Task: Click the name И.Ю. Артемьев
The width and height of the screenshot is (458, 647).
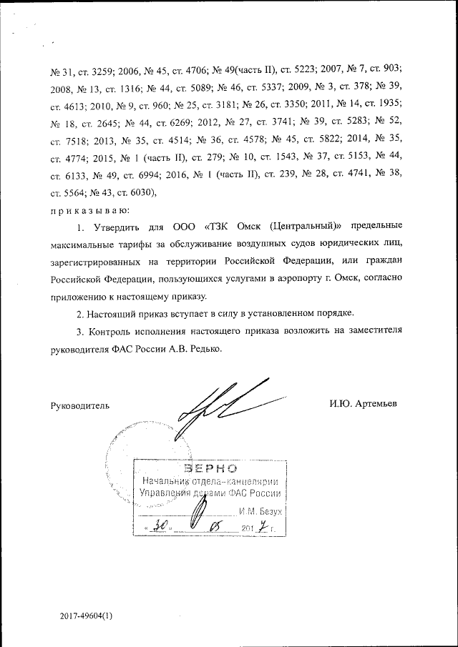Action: pyautogui.click(x=364, y=404)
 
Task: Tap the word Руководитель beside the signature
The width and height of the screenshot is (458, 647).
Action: pyautogui.click(x=79, y=405)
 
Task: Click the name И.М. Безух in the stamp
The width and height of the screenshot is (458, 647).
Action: pyautogui.click(x=262, y=512)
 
